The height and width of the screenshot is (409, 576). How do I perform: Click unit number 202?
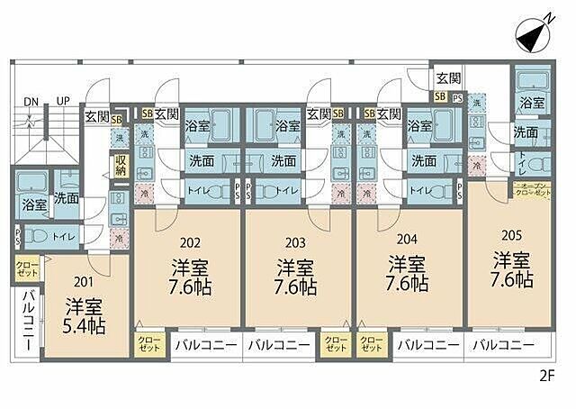point(189,241)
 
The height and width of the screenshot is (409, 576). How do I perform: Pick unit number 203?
point(294,241)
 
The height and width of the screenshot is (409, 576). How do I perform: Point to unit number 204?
point(407,241)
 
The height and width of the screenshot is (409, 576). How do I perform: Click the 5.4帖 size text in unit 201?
point(84,324)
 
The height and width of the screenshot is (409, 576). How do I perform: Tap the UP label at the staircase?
point(64,101)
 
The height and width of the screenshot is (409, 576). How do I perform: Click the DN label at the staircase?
point(31,101)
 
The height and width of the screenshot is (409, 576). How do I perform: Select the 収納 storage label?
point(121,165)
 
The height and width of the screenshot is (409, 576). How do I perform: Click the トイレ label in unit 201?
point(64,235)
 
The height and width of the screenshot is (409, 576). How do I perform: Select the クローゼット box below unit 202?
point(148,345)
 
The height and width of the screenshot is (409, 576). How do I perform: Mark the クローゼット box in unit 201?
point(26,267)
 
